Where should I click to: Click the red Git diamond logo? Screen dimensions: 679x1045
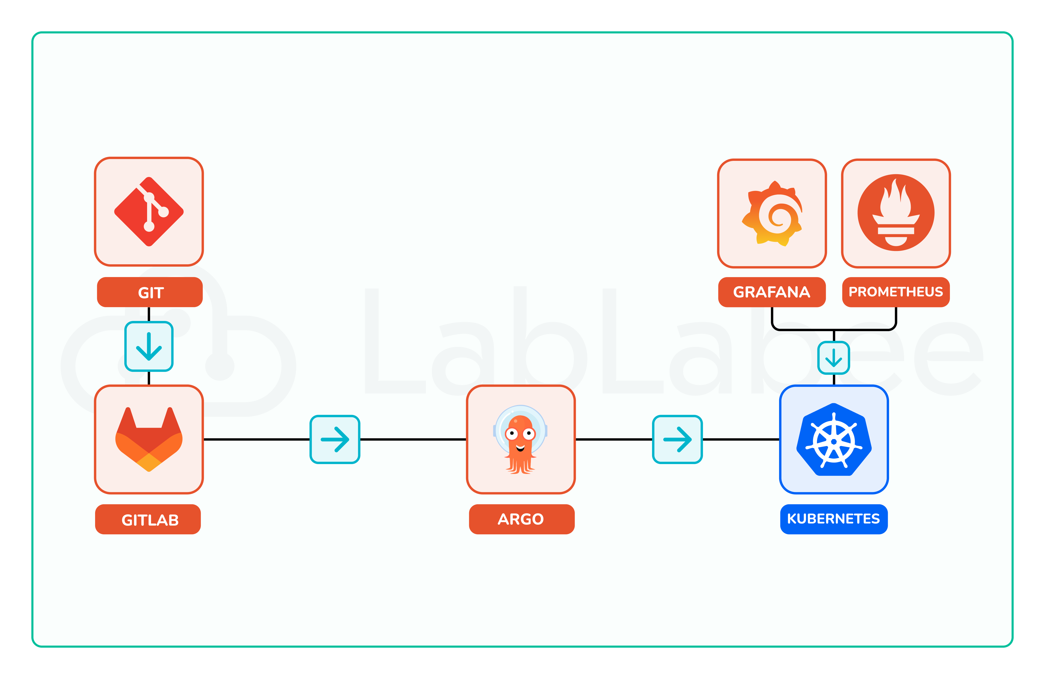click(149, 212)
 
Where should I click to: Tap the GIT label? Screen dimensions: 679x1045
click(150, 292)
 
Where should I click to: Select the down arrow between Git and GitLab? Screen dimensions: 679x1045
click(149, 346)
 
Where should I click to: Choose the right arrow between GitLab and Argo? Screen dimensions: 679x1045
click(335, 439)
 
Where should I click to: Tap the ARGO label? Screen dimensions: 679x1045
click(521, 519)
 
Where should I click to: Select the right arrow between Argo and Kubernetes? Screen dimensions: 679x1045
click(677, 439)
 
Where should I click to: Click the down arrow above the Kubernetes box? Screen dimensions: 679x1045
click(833, 358)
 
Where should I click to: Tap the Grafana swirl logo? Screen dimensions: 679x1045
click(773, 214)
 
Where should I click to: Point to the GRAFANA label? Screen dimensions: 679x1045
click(771, 292)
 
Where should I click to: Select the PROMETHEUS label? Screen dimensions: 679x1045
click(896, 292)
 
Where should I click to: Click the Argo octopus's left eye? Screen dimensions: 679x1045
click(512, 434)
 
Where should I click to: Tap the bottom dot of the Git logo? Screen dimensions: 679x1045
click(149, 226)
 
